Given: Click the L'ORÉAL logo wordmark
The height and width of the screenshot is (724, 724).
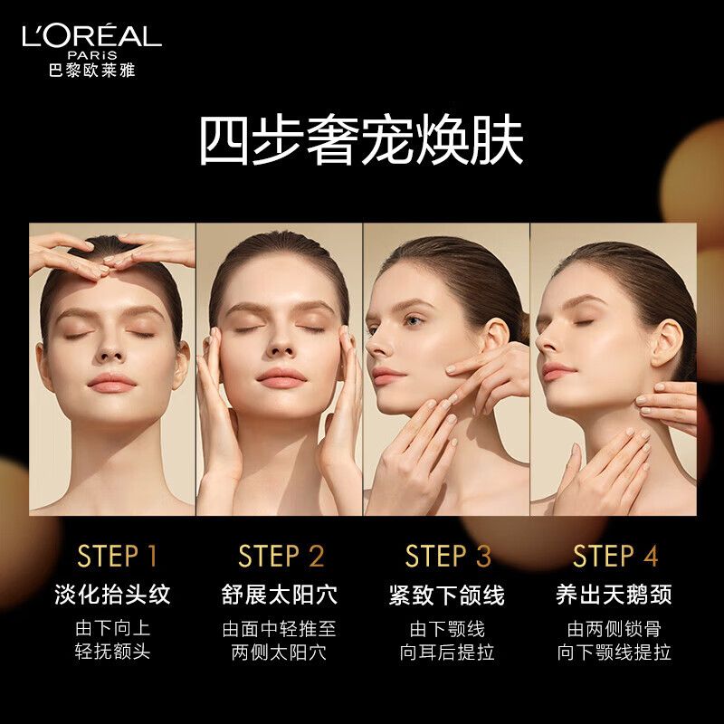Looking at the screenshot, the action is coord(92,36).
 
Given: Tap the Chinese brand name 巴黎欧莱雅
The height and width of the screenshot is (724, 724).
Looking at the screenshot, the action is coord(92,71).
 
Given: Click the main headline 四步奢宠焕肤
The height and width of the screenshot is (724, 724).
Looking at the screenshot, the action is coord(362,140).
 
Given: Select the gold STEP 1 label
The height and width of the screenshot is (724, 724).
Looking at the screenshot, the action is coord(118,556).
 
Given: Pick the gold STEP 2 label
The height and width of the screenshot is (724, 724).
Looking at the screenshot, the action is coord(281,556).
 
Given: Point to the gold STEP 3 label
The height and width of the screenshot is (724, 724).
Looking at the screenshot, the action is coord(448,556).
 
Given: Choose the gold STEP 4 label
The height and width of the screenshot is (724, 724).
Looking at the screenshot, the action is coord(615,556).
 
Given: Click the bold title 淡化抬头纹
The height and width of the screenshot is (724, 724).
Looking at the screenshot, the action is coord(112,595).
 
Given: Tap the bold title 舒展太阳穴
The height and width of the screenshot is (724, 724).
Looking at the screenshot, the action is coord(280,595).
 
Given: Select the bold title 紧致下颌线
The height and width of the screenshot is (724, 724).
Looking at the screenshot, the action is coord(447,595).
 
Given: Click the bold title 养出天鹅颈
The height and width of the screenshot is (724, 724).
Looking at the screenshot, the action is coord(614,595).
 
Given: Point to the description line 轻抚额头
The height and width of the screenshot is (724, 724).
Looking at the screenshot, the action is coord(112,652).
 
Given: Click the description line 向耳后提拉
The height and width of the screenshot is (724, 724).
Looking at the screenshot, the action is coord(447,652).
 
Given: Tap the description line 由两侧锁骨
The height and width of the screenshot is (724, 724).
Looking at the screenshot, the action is coord(614,629).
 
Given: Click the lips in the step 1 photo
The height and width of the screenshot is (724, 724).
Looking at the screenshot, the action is coord(111,383).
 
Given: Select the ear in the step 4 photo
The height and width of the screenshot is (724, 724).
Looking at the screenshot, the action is coord(667,344).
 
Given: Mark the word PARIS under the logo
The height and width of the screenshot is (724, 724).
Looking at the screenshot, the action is coord(92,55).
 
